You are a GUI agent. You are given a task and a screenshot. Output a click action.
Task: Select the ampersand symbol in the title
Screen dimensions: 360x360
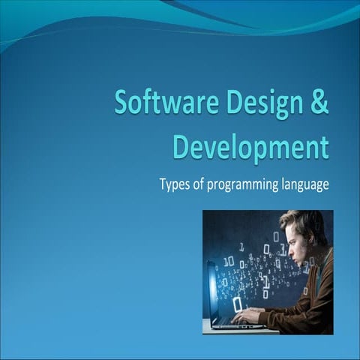[319, 103]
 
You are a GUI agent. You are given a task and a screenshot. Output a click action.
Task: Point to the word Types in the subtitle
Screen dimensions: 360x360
[175, 184]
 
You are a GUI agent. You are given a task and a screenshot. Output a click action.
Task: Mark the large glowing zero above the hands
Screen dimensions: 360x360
[237, 304]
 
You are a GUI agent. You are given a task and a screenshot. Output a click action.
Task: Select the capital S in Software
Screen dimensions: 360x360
[121, 103]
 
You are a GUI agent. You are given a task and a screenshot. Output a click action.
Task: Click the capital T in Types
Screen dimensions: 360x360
[163, 184]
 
